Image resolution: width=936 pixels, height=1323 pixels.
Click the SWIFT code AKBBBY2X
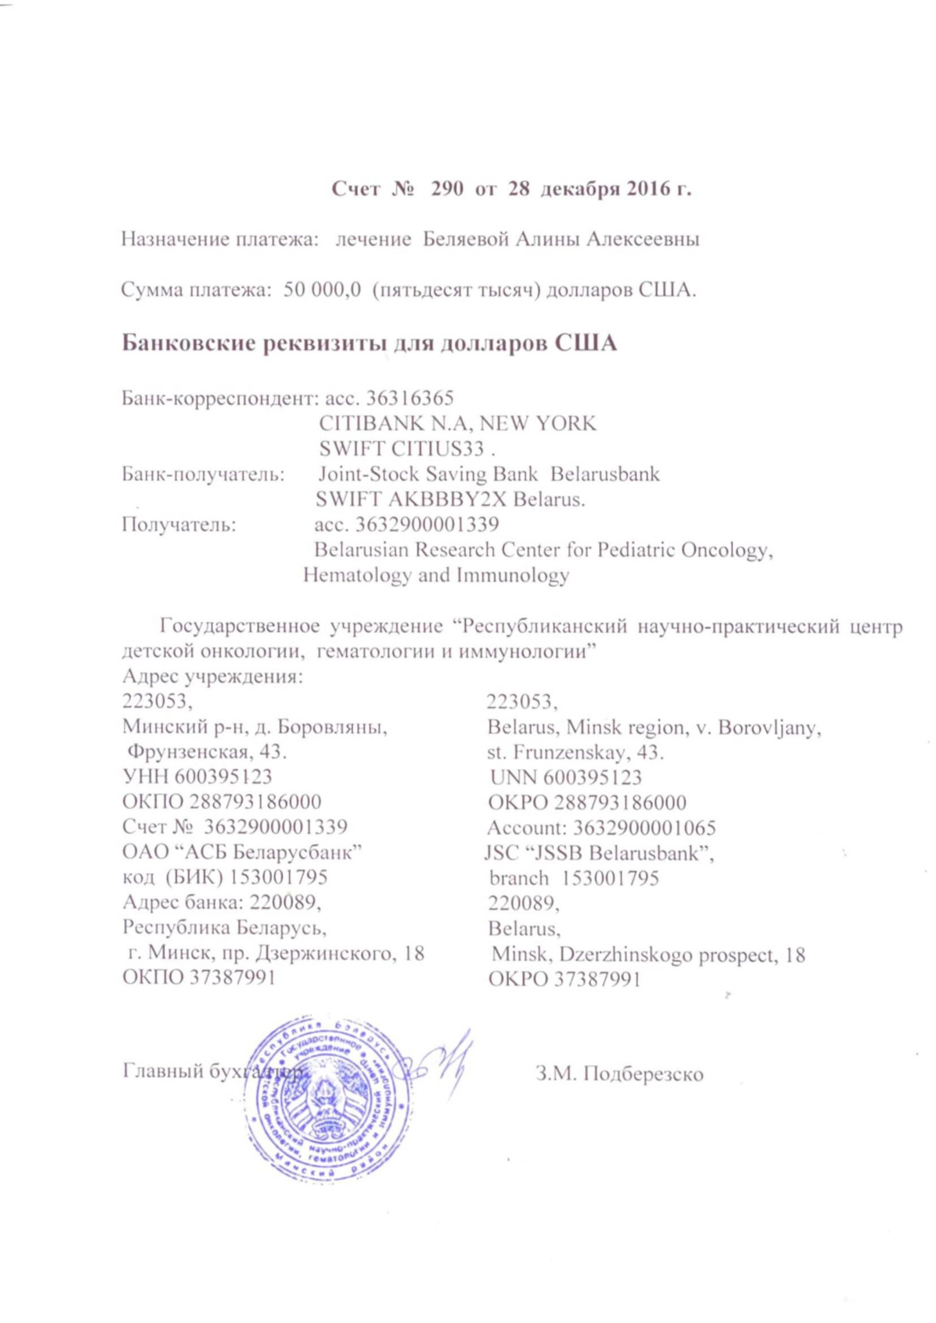pyautogui.click(x=462, y=499)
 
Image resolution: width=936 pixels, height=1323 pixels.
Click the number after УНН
pyautogui.click(x=222, y=777)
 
